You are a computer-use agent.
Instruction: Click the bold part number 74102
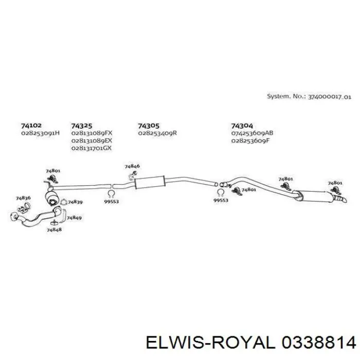tap(31, 125)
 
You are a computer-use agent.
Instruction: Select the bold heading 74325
tap(81, 126)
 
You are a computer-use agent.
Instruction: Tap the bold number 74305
tap(149, 126)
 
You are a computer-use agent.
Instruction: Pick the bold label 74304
tap(242, 126)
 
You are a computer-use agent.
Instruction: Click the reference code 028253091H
tap(41, 133)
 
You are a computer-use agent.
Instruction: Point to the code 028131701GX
tap(92, 148)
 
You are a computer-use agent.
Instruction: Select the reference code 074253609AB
tap(252, 133)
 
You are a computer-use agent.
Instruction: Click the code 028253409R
tap(157, 133)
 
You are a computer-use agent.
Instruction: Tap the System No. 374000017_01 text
tap(309, 97)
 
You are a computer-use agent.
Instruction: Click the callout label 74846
tap(132, 166)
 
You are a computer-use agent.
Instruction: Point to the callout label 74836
tap(23, 198)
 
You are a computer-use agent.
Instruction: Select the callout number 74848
tap(54, 229)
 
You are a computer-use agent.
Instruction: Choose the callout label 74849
tap(74, 218)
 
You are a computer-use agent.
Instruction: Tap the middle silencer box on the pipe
tap(150, 183)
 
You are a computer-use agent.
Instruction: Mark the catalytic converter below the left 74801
tap(51, 199)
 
